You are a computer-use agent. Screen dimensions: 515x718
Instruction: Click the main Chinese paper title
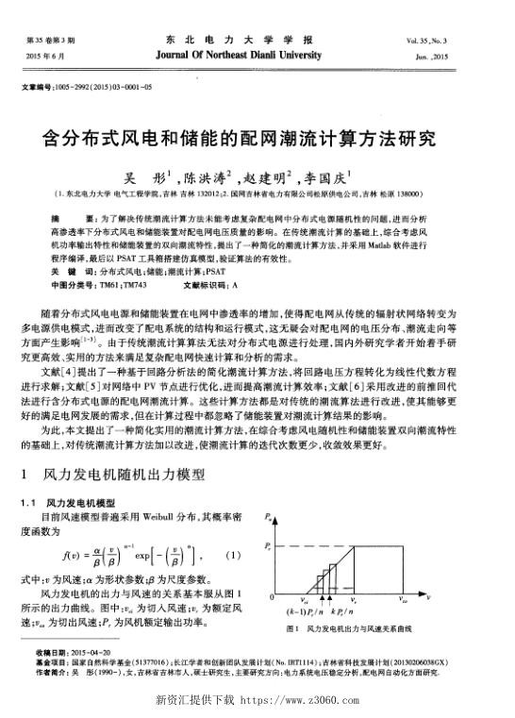(x=257, y=139)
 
